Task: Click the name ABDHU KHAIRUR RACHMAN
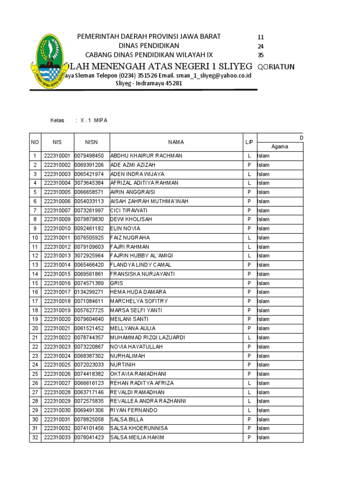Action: coord(146,156)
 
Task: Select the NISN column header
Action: coord(91,142)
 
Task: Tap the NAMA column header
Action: coord(176,142)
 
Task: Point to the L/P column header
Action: coord(249,142)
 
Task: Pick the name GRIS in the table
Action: coord(116,283)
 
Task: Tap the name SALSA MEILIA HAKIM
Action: coord(137,438)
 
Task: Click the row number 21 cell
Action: coord(34,337)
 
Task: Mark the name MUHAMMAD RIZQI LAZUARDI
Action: coord(148,337)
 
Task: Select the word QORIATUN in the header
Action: coord(277,67)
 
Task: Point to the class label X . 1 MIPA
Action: coord(94,120)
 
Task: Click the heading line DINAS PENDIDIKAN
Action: coord(149,46)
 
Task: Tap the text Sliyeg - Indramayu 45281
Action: coord(149,83)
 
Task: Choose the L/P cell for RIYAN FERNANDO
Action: coord(249,411)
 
